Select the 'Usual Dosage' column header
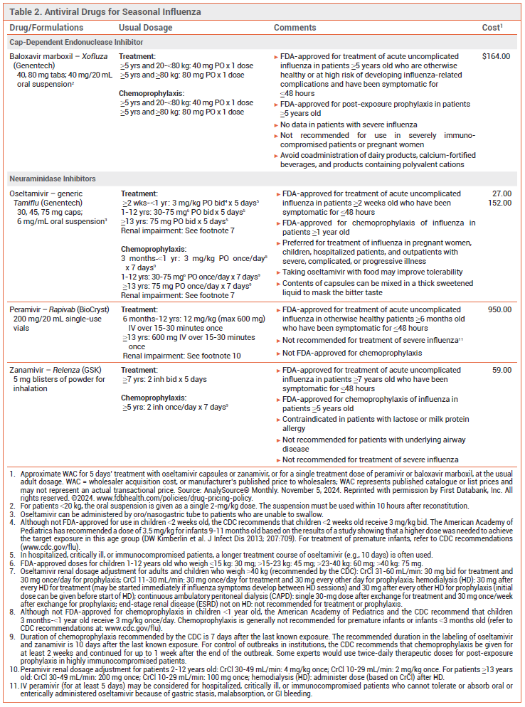click(145, 28)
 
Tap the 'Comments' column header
click(295, 28)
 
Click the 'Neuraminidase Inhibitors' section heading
click(53, 179)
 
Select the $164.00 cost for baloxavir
click(496, 55)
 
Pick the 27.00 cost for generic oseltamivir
click(502, 193)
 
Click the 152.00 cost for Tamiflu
click(499, 202)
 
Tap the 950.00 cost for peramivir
click(499, 309)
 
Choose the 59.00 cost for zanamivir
click(502, 370)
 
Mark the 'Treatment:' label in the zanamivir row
click(138, 370)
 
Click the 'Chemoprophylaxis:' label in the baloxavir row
click(151, 93)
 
